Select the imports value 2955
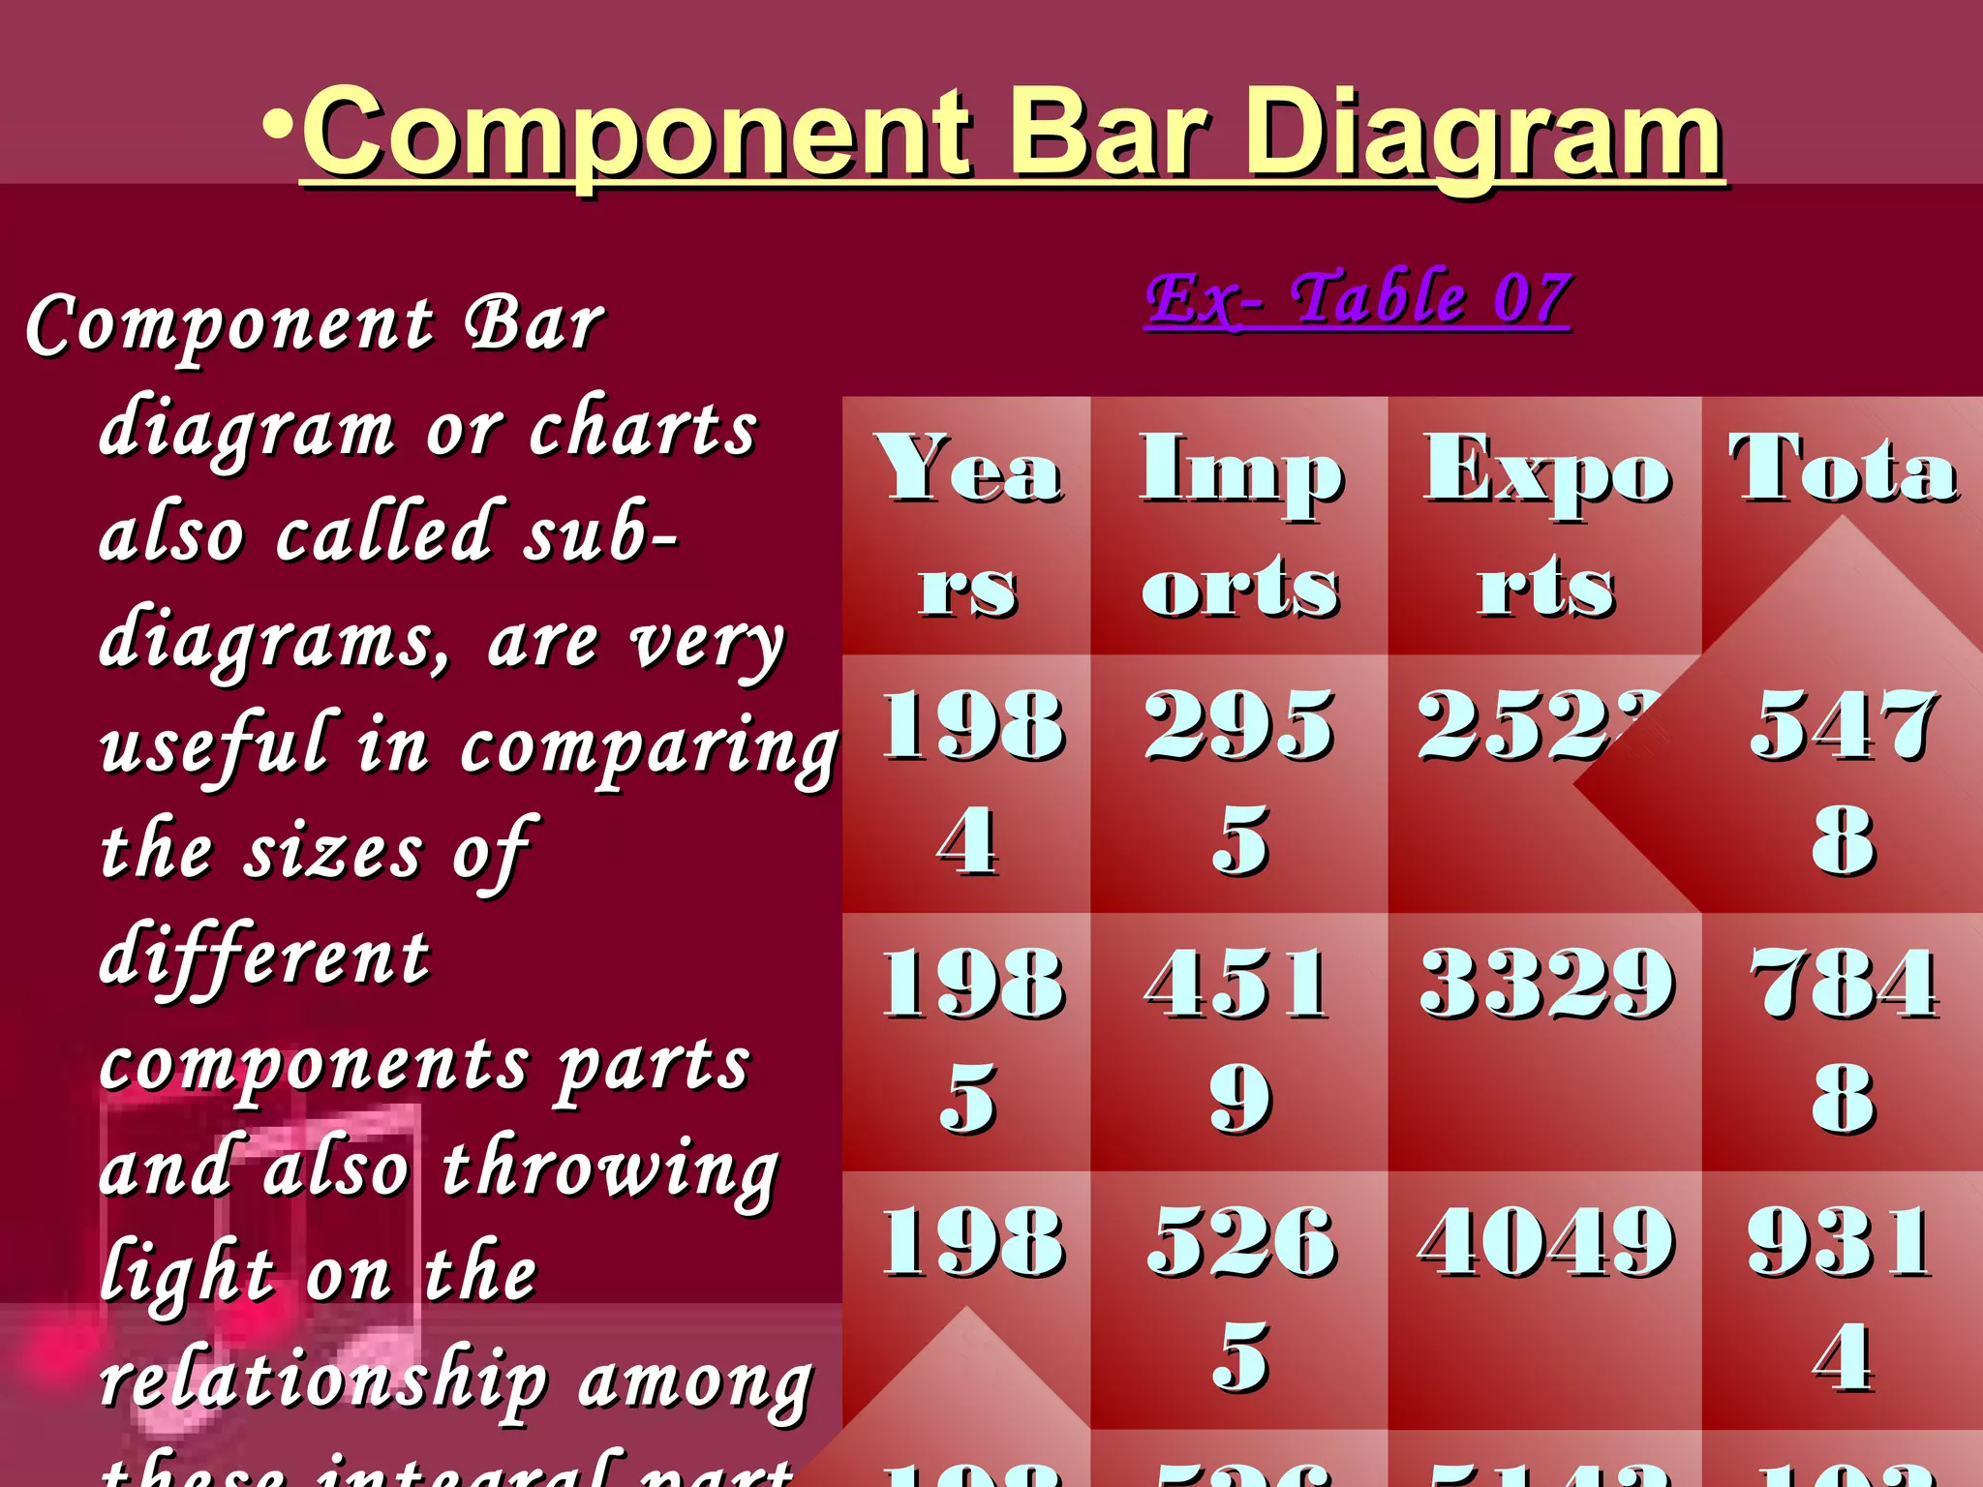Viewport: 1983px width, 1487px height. pos(1240,782)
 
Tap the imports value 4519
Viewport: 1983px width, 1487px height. pos(1240,1041)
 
